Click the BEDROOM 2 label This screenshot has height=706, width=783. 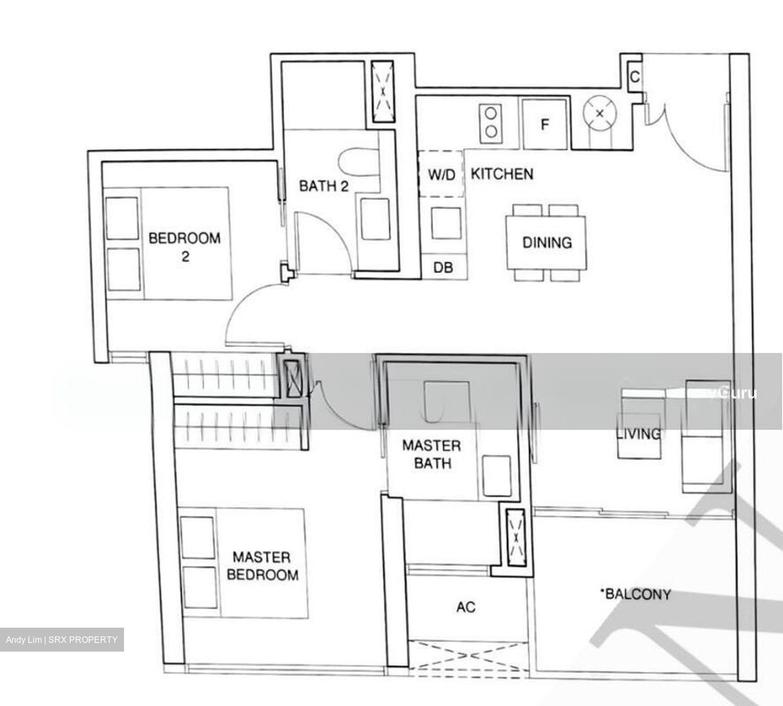tap(185, 246)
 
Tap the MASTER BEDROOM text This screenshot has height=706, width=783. tap(262, 566)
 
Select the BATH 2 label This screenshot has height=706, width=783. tap(324, 186)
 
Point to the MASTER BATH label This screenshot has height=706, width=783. tap(431, 454)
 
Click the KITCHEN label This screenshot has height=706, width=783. tap(501, 174)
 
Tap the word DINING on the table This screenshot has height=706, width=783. tap(546, 242)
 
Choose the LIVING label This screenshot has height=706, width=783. tap(639, 433)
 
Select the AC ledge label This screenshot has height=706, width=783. tap(466, 606)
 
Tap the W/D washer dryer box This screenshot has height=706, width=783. tap(441, 175)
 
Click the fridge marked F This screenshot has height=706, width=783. tap(545, 124)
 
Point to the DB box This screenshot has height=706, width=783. tap(443, 268)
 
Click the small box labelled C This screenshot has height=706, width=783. tap(634, 77)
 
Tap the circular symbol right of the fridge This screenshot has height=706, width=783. tap(599, 114)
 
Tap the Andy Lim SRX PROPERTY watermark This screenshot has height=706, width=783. tap(61, 640)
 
